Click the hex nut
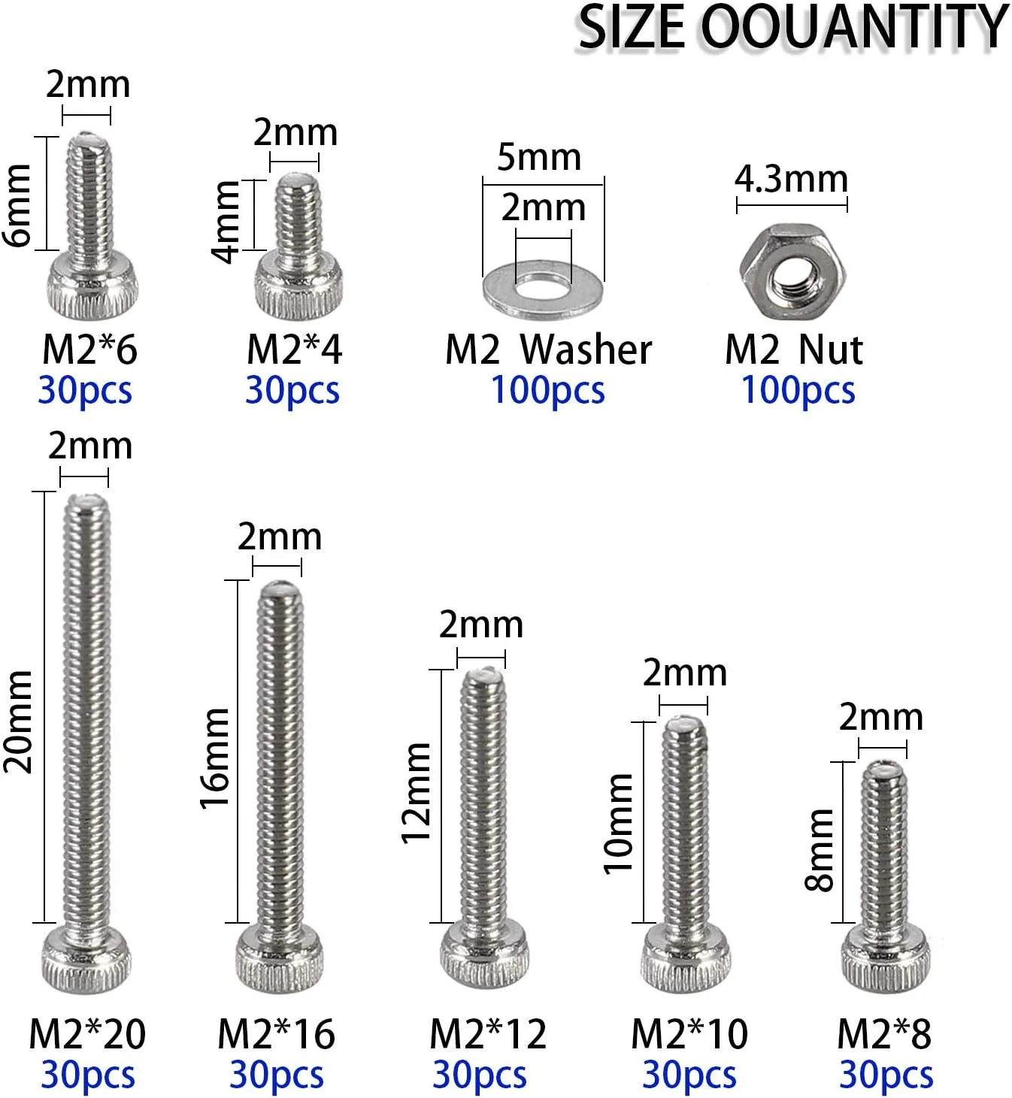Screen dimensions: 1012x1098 click(x=792, y=271)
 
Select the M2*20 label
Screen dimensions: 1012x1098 click(x=88, y=1034)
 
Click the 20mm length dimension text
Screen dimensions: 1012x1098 click(x=19, y=721)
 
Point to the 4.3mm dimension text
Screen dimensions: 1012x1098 click(x=791, y=180)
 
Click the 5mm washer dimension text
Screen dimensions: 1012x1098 click(x=539, y=158)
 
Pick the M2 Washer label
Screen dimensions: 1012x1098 click(x=549, y=349)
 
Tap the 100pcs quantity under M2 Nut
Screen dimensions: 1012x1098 click(x=798, y=391)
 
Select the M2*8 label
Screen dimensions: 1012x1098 click(x=884, y=1034)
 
